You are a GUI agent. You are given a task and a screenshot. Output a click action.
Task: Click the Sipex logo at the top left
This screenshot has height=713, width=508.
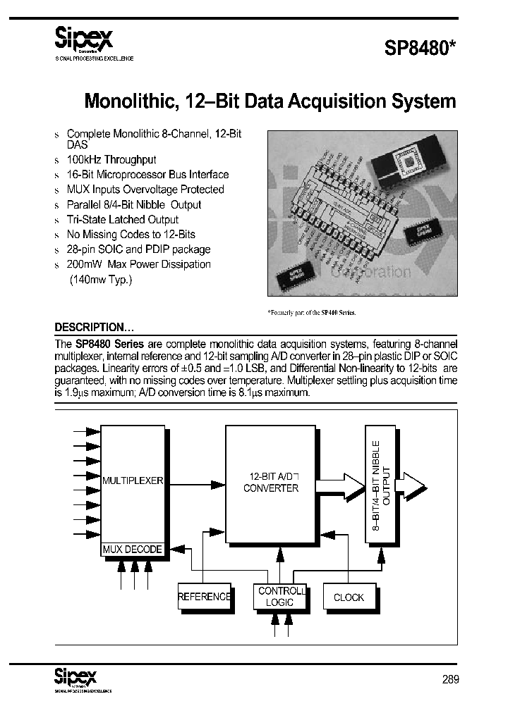pyautogui.click(x=84, y=36)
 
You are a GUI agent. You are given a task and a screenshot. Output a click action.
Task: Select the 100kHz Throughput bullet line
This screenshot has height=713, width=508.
pyautogui.click(x=111, y=160)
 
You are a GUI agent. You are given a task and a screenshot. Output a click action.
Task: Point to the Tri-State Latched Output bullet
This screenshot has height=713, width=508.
pyautogui.click(x=122, y=219)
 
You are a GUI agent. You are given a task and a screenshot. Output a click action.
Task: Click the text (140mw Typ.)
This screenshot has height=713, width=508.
pyautogui.click(x=100, y=279)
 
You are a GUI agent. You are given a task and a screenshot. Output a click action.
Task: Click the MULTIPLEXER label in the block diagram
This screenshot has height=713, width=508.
pyautogui.click(x=133, y=480)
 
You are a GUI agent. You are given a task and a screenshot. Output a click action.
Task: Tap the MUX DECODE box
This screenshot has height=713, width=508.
pyautogui.click(x=133, y=550)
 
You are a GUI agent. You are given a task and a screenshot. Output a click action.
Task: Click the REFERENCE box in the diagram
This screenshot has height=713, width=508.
pyautogui.click(x=205, y=597)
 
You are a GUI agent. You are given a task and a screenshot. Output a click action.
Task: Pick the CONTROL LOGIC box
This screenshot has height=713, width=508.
pyautogui.click(x=280, y=597)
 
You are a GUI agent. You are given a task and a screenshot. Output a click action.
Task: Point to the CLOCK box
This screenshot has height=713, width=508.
pyautogui.click(x=349, y=597)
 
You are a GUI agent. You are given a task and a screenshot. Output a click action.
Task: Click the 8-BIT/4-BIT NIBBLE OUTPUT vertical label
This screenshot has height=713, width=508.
pyautogui.click(x=380, y=484)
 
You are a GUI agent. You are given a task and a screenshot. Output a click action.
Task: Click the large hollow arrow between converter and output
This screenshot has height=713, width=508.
pyautogui.click(x=341, y=485)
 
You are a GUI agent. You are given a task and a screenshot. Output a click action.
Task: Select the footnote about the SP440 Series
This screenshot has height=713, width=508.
pyautogui.click(x=311, y=311)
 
